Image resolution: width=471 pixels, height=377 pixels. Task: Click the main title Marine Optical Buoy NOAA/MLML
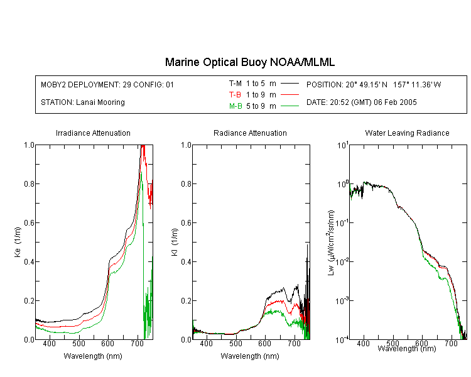click(x=250, y=62)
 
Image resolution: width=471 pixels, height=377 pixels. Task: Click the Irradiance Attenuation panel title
click(x=93, y=133)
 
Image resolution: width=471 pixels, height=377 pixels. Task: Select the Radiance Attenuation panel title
click(x=250, y=133)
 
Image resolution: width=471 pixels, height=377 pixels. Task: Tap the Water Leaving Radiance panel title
click(x=407, y=133)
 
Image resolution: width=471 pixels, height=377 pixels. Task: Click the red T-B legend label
click(x=235, y=95)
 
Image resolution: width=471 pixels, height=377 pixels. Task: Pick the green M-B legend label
click(x=235, y=106)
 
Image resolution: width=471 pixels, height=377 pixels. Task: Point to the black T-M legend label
click(x=235, y=84)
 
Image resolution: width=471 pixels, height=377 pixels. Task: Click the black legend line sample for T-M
click(x=290, y=84)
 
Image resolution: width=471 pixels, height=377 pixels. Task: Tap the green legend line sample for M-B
click(x=290, y=106)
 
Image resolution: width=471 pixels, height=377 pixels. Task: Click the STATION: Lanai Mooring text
click(x=83, y=102)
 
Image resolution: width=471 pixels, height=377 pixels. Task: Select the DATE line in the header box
click(x=361, y=102)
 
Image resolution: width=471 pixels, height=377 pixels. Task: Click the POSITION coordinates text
click(x=374, y=84)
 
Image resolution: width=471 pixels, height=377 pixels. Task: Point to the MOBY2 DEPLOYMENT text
click(x=107, y=84)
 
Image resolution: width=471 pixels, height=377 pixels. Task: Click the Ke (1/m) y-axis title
click(x=18, y=243)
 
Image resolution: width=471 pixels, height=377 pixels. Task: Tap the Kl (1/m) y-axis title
click(x=175, y=243)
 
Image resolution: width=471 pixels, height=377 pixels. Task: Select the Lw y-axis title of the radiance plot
click(x=331, y=243)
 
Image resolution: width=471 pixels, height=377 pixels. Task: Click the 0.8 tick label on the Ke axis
click(x=29, y=183)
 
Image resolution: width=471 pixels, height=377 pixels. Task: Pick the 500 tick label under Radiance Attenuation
click(x=235, y=343)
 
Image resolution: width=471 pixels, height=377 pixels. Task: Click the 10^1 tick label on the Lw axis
click(x=343, y=145)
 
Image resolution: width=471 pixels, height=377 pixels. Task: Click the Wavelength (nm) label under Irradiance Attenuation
click(x=93, y=356)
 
